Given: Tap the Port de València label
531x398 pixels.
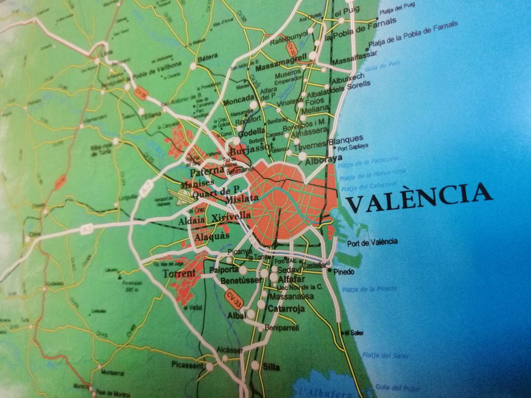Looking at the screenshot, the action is [x=372, y=242].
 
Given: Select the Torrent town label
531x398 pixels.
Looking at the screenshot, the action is [x=179, y=273].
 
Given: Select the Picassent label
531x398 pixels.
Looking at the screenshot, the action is [x=187, y=365].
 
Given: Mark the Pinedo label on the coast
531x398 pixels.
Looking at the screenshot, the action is [x=344, y=272].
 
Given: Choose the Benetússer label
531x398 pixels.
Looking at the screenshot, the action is [x=241, y=280].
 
